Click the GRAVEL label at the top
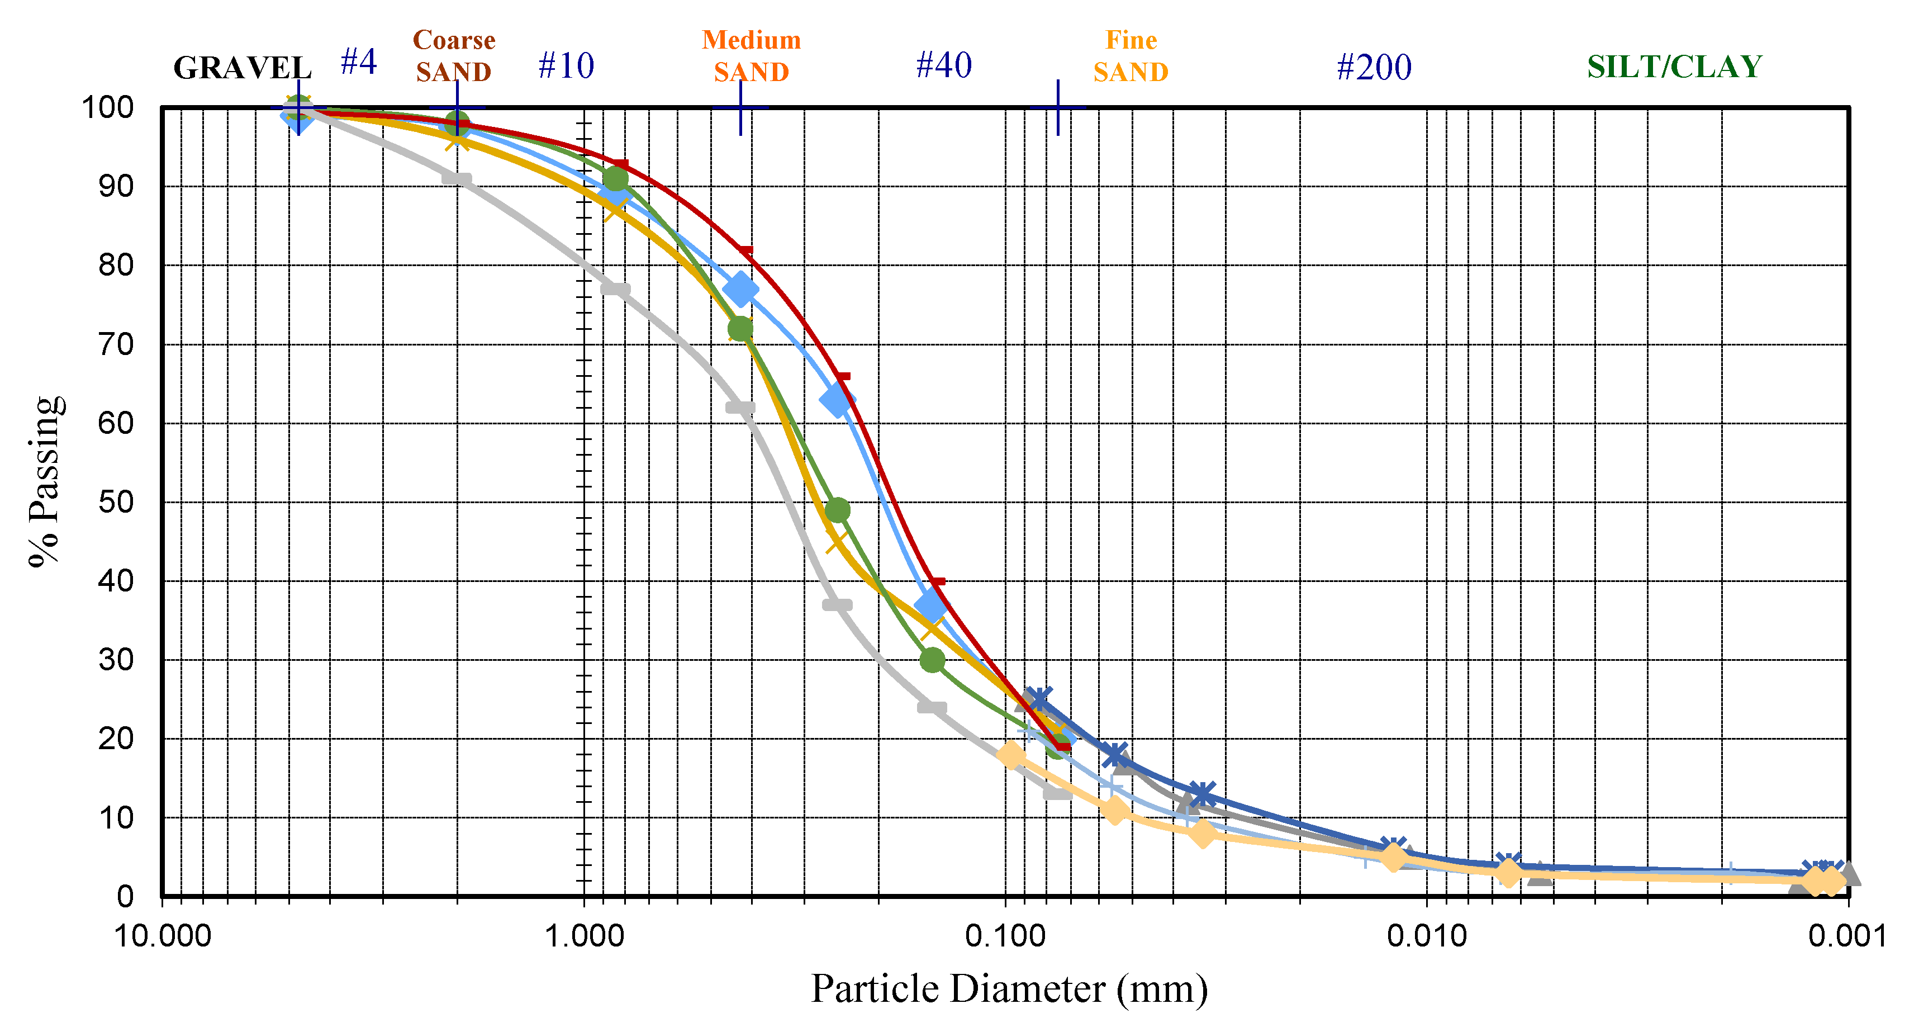tap(242, 68)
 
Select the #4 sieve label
tap(359, 61)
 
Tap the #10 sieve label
tap(566, 65)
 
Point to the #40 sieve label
tap(944, 65)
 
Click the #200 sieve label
tap(1374, 67)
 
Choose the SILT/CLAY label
tap(1674, 67)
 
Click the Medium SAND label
tap(751, 56)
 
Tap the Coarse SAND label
tap(453, 56)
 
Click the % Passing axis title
tap(45, 481)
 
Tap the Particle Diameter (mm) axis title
tap(1008, 988)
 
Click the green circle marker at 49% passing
tap(837, 510)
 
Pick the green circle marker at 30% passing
tap(932, 659)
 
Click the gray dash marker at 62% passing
tap(739, 407)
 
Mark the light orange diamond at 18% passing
tap(1010, 755)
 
